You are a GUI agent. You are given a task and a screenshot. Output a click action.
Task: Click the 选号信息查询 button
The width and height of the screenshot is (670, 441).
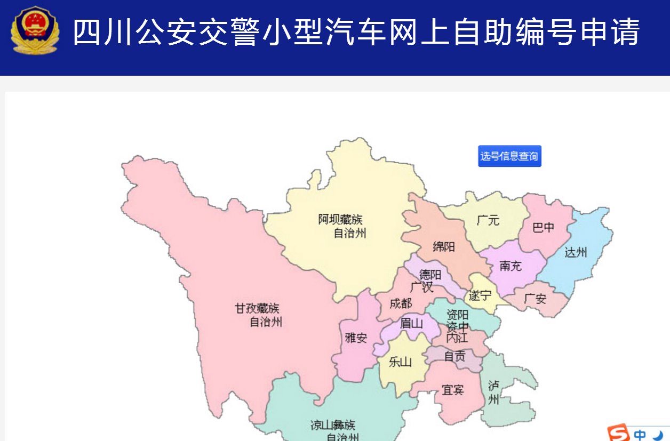click(509, 156)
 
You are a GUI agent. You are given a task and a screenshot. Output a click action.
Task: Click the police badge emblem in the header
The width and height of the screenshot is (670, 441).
click(35, 31)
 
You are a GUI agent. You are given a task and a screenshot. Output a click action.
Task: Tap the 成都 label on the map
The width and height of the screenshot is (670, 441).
click(401, 303)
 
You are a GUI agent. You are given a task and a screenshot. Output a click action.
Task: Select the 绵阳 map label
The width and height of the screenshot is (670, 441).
click(444, 246)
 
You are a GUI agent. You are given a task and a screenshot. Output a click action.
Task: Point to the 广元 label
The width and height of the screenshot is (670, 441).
click(488, 220)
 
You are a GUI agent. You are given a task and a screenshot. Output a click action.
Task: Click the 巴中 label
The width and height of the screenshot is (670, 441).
click(544, 228)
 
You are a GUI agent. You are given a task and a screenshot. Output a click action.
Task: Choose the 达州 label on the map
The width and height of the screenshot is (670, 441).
click(576, 252)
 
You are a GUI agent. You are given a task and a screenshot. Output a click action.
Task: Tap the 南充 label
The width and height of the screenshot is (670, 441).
click(511, 266)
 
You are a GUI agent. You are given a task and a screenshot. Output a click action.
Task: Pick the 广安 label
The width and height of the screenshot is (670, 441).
click(535, 299)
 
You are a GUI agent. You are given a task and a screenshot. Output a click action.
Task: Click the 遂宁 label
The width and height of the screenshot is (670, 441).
click(480, 295)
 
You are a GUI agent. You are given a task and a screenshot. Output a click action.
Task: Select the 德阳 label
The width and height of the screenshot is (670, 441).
click(430, 275)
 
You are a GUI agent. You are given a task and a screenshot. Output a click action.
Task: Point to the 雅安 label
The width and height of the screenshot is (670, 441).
click(356, 338)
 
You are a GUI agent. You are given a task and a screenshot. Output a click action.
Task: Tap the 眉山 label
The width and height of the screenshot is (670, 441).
click(411, 323)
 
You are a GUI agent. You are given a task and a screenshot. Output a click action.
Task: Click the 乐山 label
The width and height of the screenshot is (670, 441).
click(400, 362)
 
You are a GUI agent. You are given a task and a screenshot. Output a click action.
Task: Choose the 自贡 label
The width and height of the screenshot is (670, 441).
click(455, 356)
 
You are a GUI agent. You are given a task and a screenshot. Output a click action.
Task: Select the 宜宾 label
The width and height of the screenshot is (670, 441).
click(453, 390)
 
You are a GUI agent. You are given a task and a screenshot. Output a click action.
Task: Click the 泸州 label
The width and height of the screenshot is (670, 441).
click(493, 392)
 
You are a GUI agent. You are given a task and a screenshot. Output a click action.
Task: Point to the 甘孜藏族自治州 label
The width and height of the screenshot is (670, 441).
click(258, 315)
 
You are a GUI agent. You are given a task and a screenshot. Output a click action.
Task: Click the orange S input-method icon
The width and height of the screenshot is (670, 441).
click(619, 432)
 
